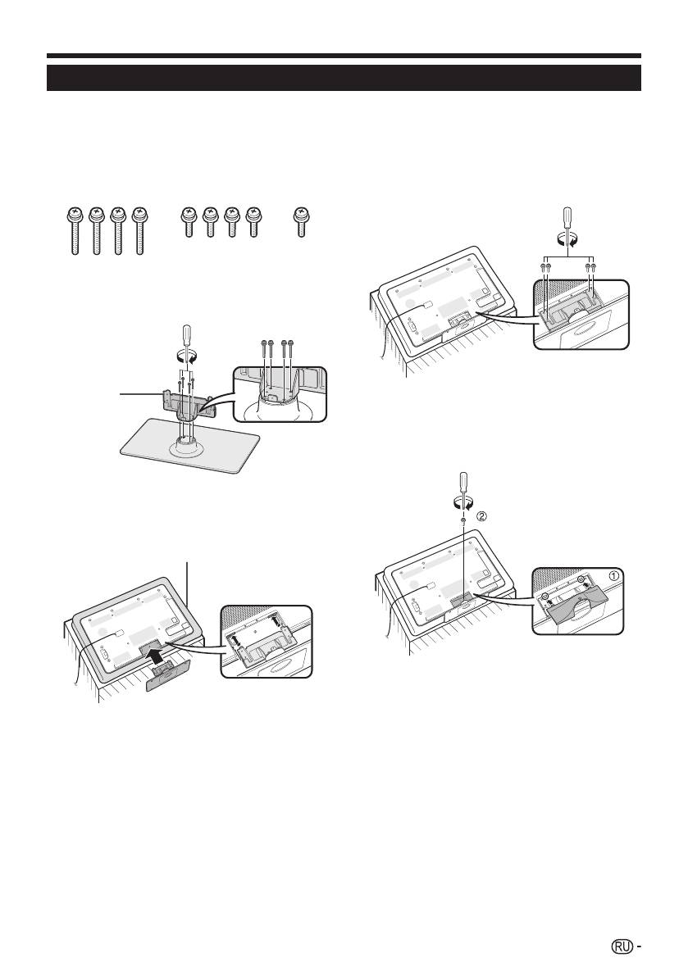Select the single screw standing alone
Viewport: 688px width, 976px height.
[302, 221]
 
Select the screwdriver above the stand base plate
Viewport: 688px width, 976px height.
[187, 337]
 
